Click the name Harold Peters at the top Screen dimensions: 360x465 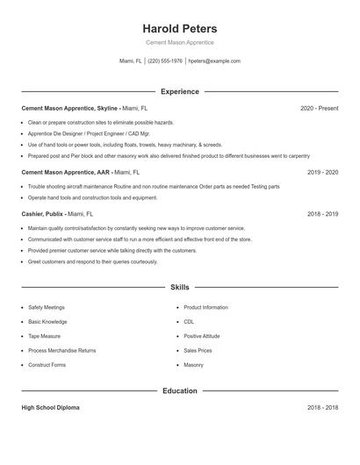(179, 29)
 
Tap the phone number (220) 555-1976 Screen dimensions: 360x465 (165, 61)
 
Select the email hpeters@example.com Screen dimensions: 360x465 (214, 61)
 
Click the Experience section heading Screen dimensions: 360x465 (179, 91)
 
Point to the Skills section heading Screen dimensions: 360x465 (179, 287)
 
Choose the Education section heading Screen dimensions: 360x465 (179, 390)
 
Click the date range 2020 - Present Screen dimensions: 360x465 (319, 108)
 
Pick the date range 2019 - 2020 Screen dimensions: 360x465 (322, 172)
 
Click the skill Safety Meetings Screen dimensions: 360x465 (46, 308)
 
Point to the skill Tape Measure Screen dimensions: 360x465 (44, 336)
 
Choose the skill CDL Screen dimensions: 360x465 (189, 322)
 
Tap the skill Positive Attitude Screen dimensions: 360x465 (201, 336)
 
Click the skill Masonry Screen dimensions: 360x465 (193, 364)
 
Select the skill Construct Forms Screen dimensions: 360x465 (47, 364)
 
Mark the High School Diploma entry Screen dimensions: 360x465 (51, 408)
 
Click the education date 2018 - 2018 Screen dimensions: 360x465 (322, 408)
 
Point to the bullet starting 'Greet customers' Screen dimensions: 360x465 (92, 261)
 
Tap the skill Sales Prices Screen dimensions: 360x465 (197, 350)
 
